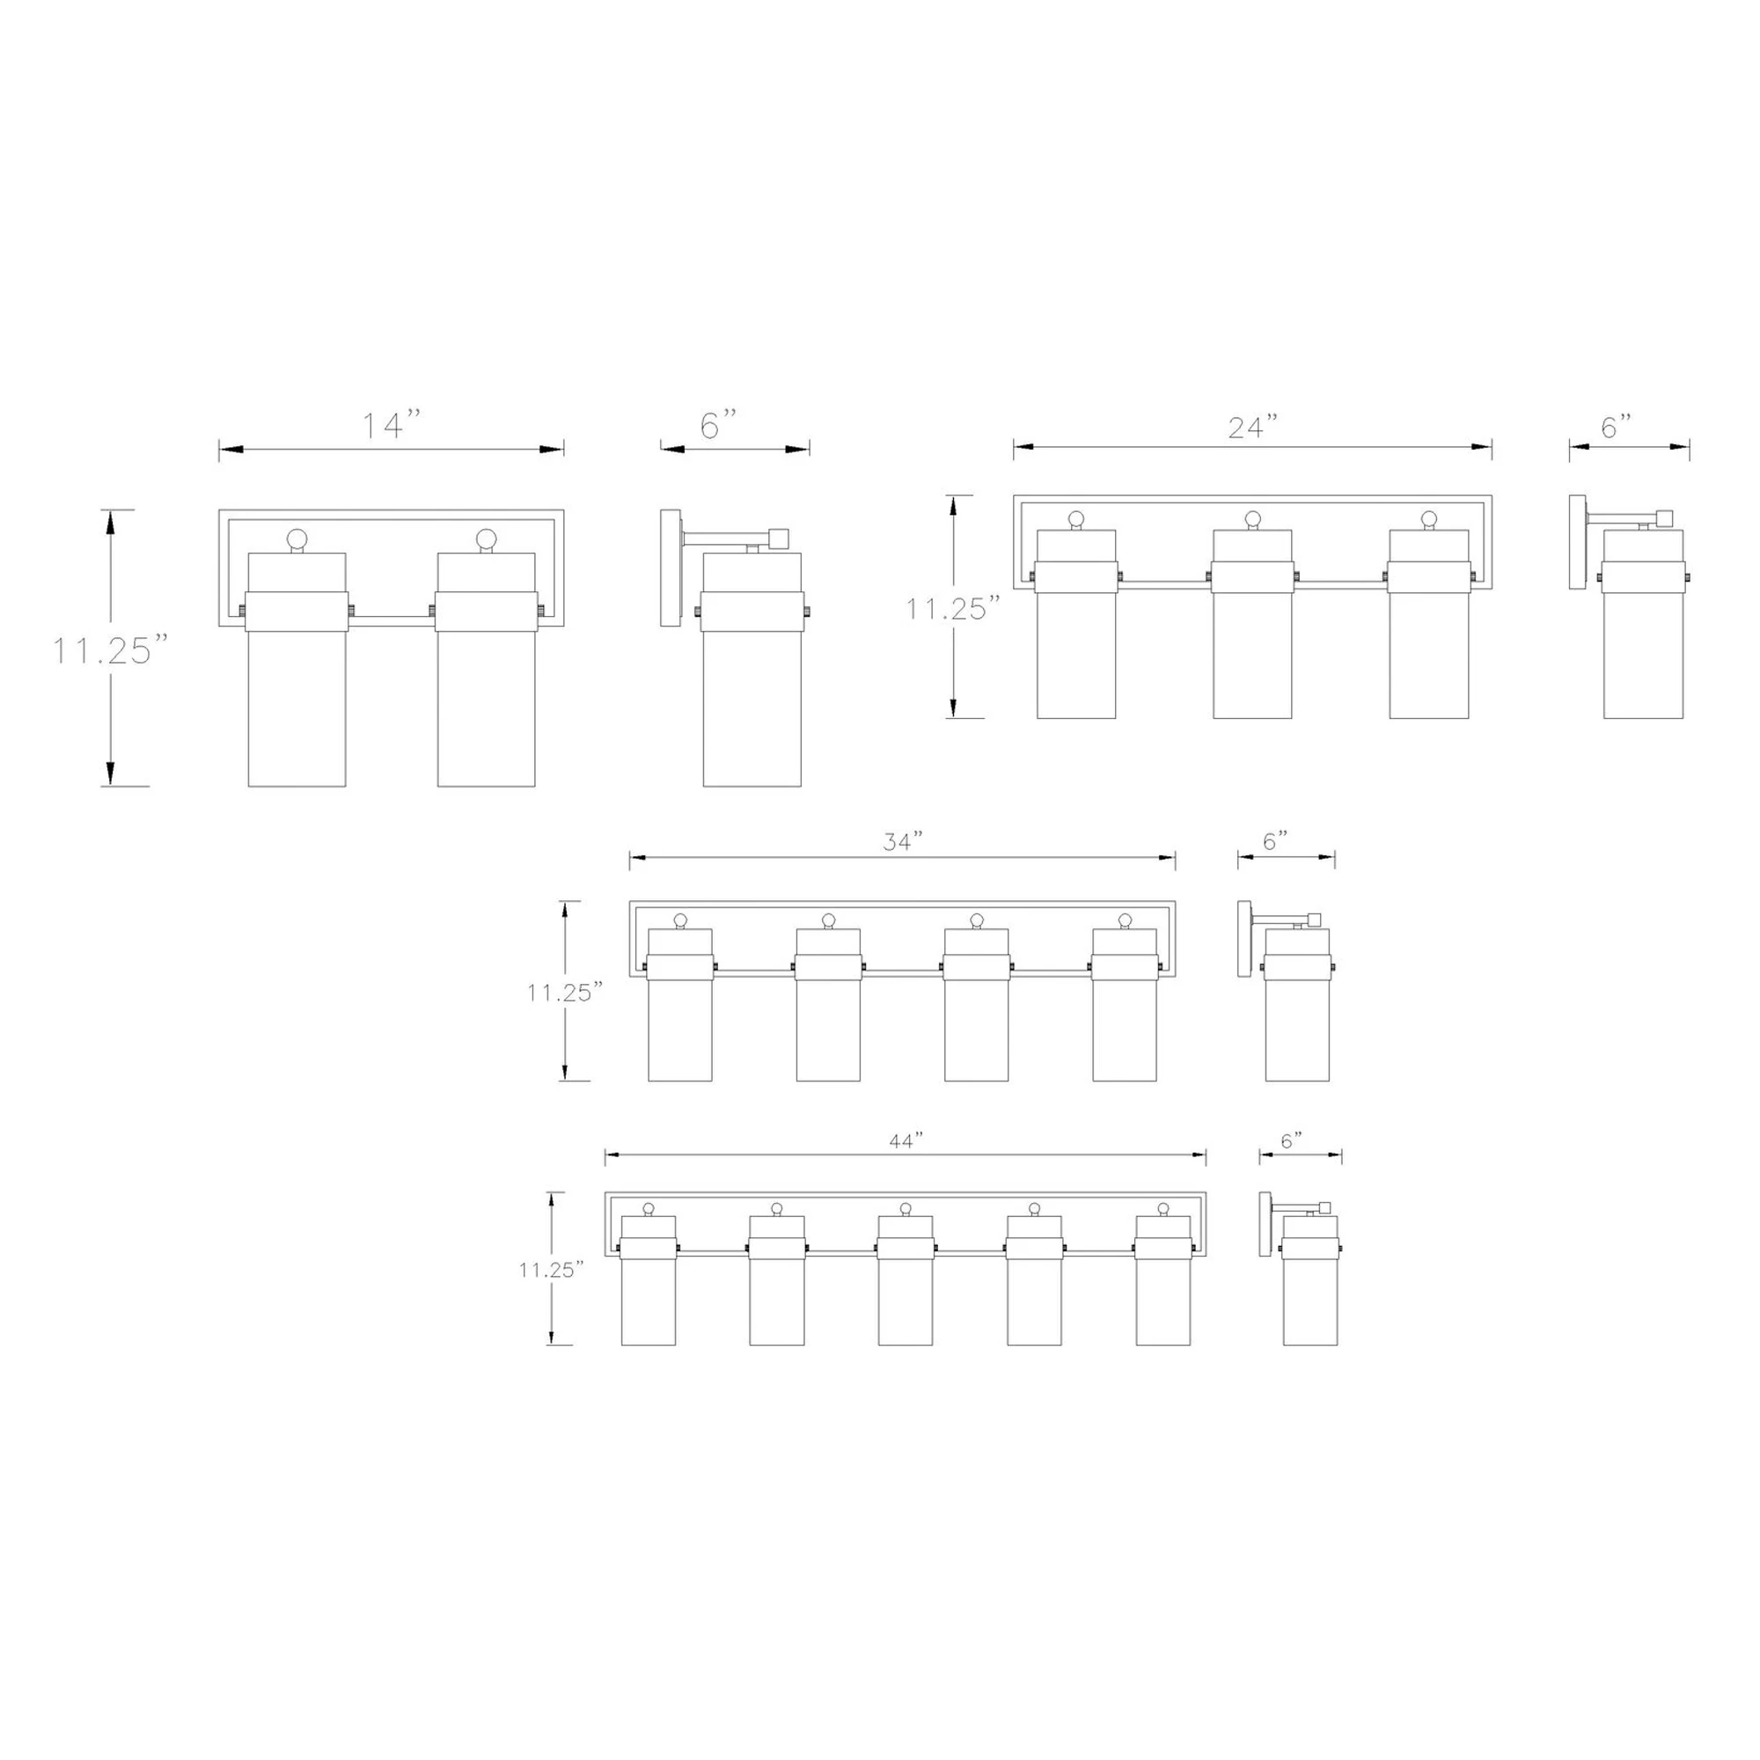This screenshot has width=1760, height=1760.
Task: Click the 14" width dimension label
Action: (392, 424)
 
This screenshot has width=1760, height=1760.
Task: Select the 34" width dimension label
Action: (903, 842)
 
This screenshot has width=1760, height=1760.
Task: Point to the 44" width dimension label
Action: (906, 1140)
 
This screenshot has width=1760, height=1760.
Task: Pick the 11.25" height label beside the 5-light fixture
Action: (551, 1270)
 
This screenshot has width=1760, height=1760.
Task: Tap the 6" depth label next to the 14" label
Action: (718, 424)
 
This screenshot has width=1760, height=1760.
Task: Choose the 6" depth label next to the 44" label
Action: (1292, 1140)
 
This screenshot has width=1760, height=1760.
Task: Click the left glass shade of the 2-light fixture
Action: (297, 670)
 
